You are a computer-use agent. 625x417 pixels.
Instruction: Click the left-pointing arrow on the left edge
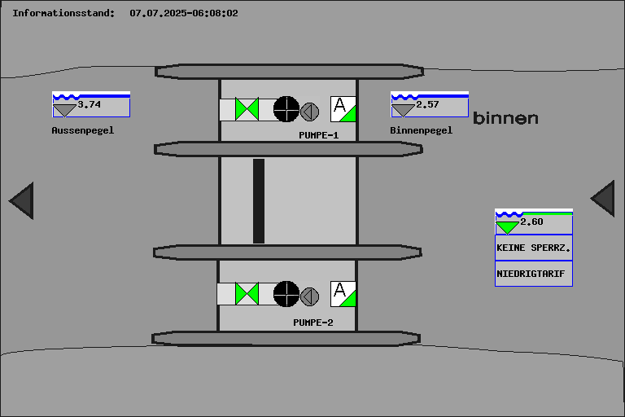pos(22,200)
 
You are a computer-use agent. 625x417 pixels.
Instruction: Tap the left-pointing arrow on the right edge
pos(603,199)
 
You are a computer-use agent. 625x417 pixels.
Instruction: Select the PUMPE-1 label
pos(318,135)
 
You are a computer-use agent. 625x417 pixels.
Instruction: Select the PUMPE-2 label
pos(313,323)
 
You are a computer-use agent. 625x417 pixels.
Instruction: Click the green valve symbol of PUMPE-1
pos(247,109)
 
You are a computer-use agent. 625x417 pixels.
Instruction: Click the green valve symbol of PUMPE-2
pos(247,293)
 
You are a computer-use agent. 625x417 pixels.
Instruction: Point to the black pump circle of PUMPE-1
pos(286,108)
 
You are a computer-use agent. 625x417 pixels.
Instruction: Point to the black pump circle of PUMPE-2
pos(286,293)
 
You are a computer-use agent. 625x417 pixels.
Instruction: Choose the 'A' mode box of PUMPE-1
pos(343,108)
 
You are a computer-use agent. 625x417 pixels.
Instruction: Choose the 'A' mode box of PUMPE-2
pos(343,293)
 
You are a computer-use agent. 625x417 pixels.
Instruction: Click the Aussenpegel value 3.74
pos(90,104)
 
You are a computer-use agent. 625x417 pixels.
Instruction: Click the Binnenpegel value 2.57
pos(427,104)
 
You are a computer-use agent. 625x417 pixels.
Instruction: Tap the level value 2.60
pos(531,222)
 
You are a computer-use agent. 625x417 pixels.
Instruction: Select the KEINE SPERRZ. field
pos(533,247)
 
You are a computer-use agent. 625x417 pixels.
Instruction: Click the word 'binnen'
pos(505,118)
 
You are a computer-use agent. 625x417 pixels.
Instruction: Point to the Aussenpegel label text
pos(83,129)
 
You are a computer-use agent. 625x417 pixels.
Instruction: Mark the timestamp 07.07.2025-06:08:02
pos(184,13)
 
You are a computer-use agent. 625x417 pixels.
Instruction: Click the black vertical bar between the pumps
pos(259,200)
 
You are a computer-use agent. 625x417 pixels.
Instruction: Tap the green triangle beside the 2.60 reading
pos(508,226)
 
